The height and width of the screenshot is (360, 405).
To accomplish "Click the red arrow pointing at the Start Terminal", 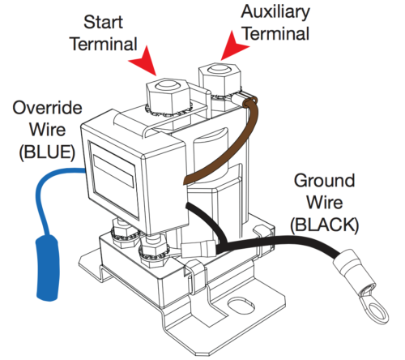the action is coord(144,61).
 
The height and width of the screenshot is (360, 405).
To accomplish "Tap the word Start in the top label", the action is coord(103,22).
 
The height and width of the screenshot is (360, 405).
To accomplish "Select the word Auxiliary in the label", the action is coord(275,12).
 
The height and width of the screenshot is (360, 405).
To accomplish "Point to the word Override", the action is coord(47,108).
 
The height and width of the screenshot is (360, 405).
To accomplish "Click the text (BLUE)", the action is coord(47,152).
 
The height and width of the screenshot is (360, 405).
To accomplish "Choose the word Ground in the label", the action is coord(324,181).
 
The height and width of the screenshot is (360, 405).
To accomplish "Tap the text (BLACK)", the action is coord(325,225).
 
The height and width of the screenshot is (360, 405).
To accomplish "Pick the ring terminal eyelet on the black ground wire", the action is coord(374,308).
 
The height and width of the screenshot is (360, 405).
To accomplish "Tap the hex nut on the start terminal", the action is coord(168,95).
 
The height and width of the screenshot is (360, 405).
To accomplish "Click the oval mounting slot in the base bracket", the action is coord(241,306).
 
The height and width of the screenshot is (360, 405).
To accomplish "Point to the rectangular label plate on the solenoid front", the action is coord(113,172).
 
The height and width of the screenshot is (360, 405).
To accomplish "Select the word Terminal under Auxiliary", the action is coord(276,34).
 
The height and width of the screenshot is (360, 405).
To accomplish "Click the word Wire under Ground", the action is coord(325,203).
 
